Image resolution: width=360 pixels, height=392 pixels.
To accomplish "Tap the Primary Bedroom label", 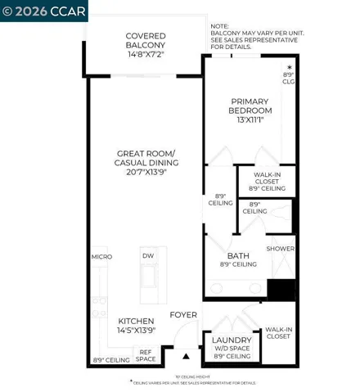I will (250, 106).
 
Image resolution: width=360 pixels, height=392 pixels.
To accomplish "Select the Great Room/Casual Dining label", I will (146, 157).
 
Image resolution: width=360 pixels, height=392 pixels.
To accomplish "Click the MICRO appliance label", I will (101, 256).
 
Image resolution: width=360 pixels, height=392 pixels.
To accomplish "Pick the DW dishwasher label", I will (148, 256).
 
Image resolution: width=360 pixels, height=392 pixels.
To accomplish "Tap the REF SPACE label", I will (146, 355).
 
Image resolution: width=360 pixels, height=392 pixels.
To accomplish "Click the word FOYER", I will (182, 314).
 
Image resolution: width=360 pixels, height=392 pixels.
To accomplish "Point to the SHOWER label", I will (280, 249).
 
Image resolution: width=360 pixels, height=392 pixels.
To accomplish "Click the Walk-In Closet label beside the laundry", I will (278, 332).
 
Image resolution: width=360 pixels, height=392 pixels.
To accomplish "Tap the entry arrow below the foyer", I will (186, 356).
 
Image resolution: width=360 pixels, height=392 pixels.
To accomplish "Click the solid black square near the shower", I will (281, 291).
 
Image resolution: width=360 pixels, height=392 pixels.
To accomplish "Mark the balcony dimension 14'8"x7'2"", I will (146, 54).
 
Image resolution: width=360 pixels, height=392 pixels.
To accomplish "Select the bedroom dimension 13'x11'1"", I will (250, 119).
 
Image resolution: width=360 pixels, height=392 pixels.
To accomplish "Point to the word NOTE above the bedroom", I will (219, 25).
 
